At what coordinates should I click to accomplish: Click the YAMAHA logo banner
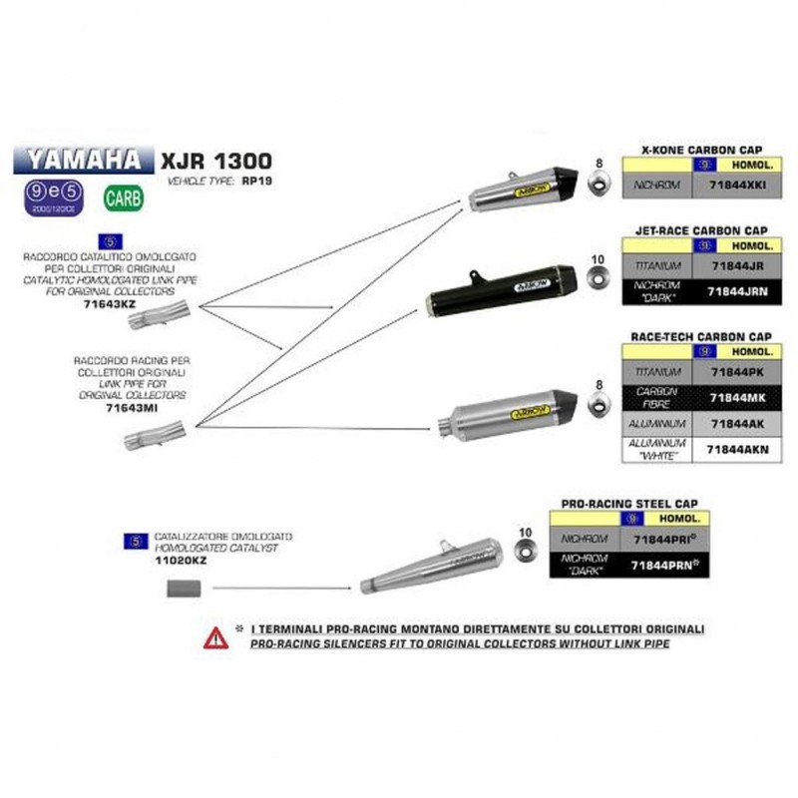click(83, 159)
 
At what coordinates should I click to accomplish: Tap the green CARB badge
click(124, 198)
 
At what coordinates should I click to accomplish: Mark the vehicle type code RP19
click(250, 183)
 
